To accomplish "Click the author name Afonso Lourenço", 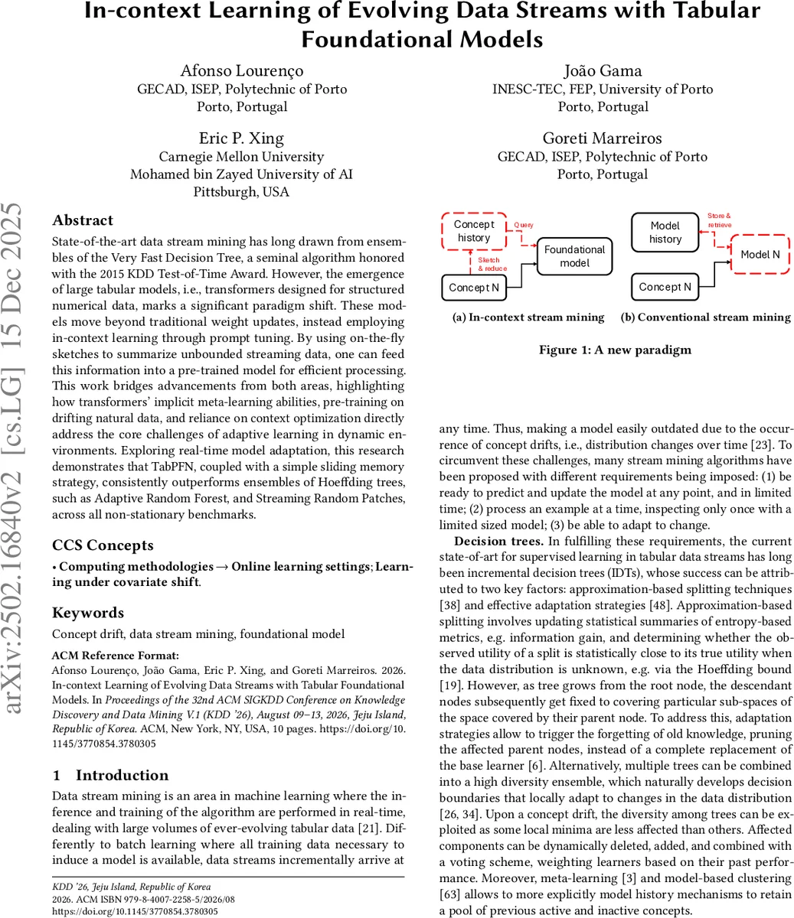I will point(241,71).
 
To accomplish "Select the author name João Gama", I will point(603,71).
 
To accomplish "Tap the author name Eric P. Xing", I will point(241,138).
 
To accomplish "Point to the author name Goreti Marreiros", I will point(603,138).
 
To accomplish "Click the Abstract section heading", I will point(83,220).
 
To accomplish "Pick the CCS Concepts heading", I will point(103,545).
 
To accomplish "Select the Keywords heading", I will point(88,613).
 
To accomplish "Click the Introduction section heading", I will point(122,776).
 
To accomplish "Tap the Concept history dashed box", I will point(474,231).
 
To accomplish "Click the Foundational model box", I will point(574,256).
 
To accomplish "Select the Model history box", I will point(665,232).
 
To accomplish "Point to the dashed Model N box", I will point(760,255).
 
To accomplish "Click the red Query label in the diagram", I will point(524,226).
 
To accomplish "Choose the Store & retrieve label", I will point(719,220).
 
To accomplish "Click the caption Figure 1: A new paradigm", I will point(615,350).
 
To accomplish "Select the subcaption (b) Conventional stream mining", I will point(705,317).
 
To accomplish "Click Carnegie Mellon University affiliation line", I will point(241,157).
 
